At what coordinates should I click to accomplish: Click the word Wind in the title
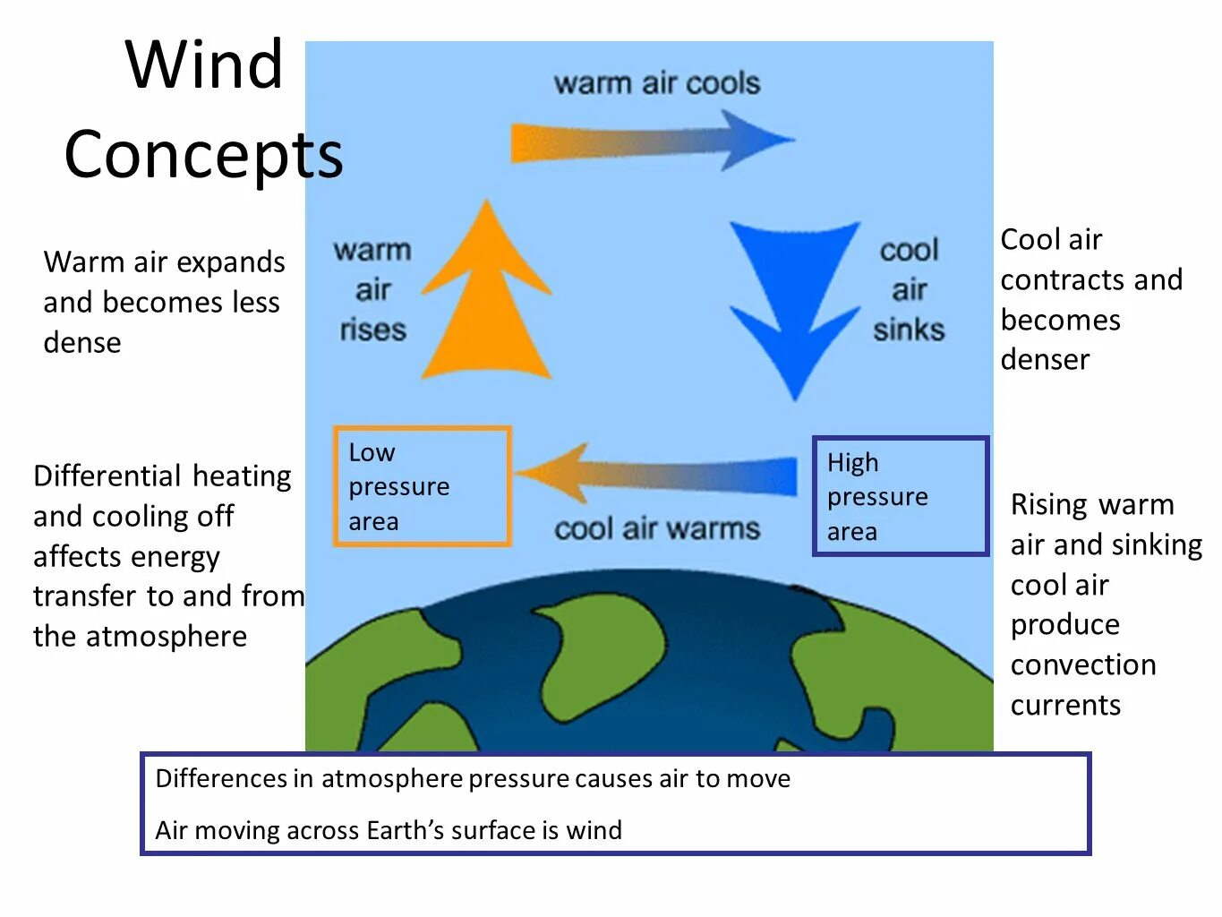click(x=204, y=64)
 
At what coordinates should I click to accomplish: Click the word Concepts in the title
click(x=203, y=154)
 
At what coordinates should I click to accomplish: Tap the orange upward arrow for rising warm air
click(x=486, y=304)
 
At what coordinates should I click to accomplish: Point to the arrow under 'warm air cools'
click(x=652, y=141)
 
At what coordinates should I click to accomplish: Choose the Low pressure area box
click(x=422, y=486)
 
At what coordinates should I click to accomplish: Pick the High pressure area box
click(x=900, y=496)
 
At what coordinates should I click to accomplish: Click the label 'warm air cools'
click(x=656, y=83)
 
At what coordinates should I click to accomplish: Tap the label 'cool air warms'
click(x=656, y=528)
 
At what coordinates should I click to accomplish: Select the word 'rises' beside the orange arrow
click(x=372, y=330)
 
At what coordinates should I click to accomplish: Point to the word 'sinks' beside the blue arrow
click(x=909, y=330)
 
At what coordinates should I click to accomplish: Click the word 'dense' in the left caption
click(x=82, y=342)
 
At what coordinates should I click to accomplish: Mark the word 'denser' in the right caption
click(x=1045, y=359)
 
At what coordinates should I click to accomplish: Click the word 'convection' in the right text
click(x=1083, y=664)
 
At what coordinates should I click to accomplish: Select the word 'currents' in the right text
click(x=1065, y=705)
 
